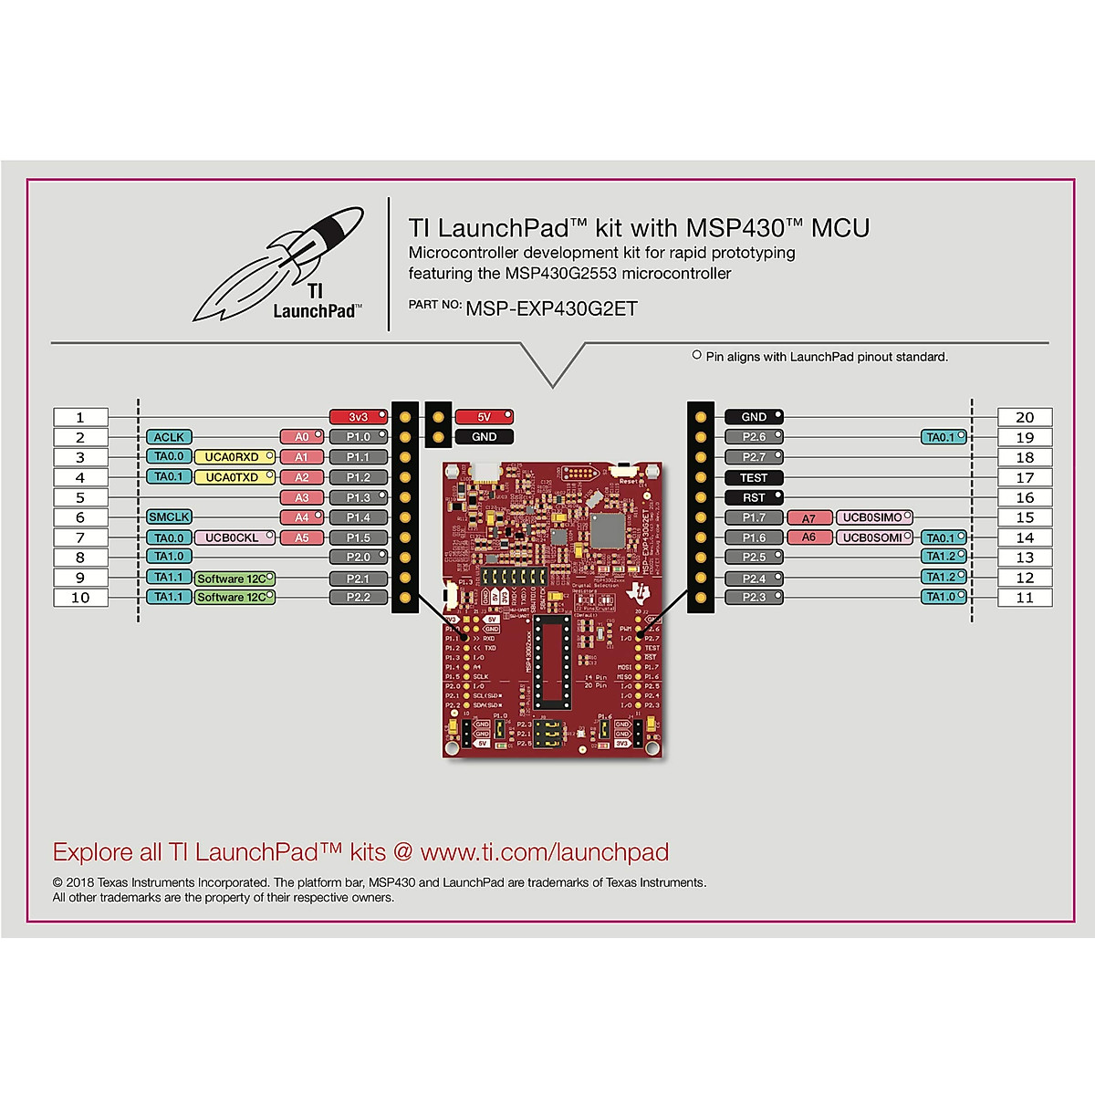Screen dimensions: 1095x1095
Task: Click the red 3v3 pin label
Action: coord(358,417)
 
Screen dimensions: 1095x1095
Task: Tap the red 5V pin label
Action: coord(484,417)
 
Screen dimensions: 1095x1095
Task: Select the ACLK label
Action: coord(169,437)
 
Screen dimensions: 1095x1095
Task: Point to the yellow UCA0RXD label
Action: coord(234,457)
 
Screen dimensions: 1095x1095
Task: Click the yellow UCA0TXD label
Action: coord(234,477)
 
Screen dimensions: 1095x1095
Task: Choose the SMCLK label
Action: coord(169,517)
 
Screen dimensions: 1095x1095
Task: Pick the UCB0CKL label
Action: coord(234,537)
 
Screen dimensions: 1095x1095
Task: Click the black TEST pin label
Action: coord(754,477)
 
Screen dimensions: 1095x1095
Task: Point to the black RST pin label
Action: coord(754,497)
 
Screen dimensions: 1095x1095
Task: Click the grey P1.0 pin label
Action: coord(358,437)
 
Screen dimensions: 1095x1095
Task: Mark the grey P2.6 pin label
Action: coord(754,437)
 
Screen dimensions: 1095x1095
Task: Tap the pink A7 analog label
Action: coord(809,518)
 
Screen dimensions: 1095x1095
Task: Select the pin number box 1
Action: coord(80,417)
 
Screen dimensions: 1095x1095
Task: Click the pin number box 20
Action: coord(1025,417)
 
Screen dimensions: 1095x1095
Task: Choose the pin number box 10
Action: coord(80,598)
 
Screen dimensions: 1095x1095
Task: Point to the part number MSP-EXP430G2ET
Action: coord(551,308)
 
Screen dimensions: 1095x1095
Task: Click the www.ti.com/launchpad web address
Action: coord(545,852)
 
